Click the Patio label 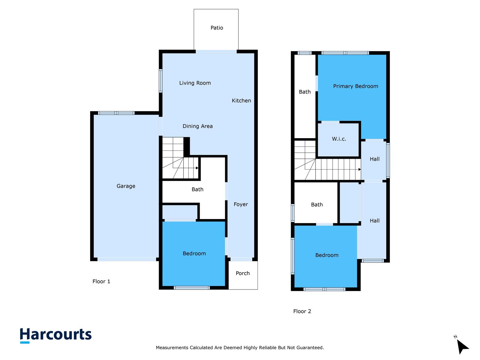(x=217, y=28)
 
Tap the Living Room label (x=195, y=83)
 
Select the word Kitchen (x=241, y=101)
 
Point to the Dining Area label (x=198, y=126)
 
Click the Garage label (x=126, y=186)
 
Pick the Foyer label (x=241, y=204)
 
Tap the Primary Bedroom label (x=355, y=86)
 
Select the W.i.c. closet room (x=339, y=139)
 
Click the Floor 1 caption (x=101, y=282)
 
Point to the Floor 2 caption (x=302, y=311)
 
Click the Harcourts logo (x=56, y=335)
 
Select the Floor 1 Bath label (x=197, y=190)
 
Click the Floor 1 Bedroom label (x=194, y=254)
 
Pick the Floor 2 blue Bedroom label (x=327, y=255)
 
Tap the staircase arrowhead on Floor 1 (x=197, y=168)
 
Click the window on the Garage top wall (x=116, y=113)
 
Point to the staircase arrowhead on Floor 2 (x=359, y=169)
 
